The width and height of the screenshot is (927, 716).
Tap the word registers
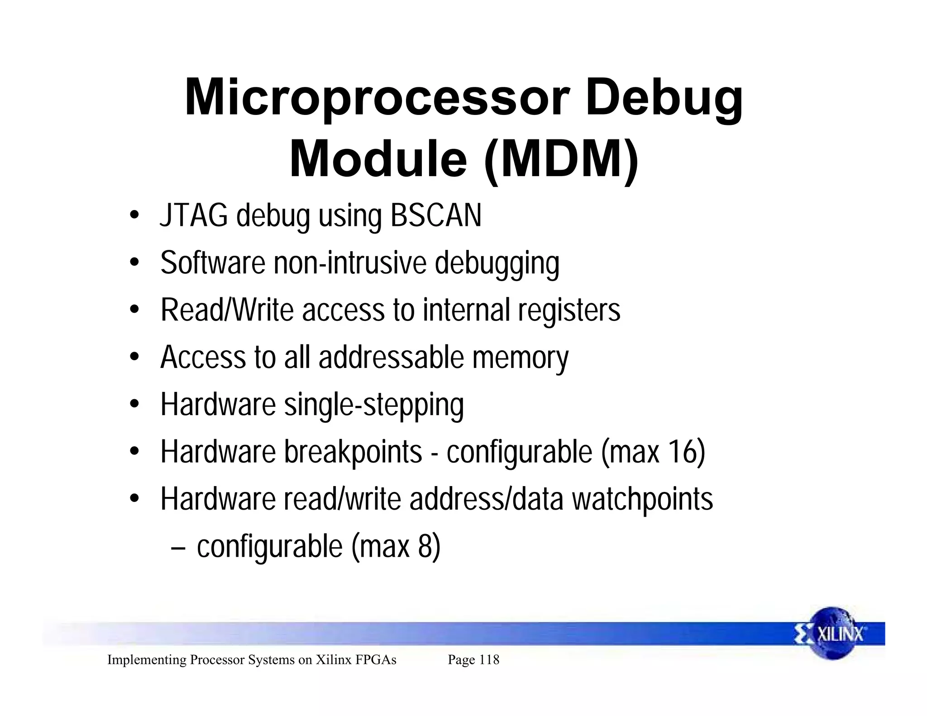pos(569,310)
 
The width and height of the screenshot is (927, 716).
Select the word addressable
pos(392,358)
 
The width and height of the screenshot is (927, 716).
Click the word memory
pos(520,358)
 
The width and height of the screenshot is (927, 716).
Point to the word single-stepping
pos(373,405)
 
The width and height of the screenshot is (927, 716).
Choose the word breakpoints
pos(353,452)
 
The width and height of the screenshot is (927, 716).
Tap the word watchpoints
pos(642,500)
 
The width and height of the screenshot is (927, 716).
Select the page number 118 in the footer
pos(489,660)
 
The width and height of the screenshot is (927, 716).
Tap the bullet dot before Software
pos(134,263)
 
